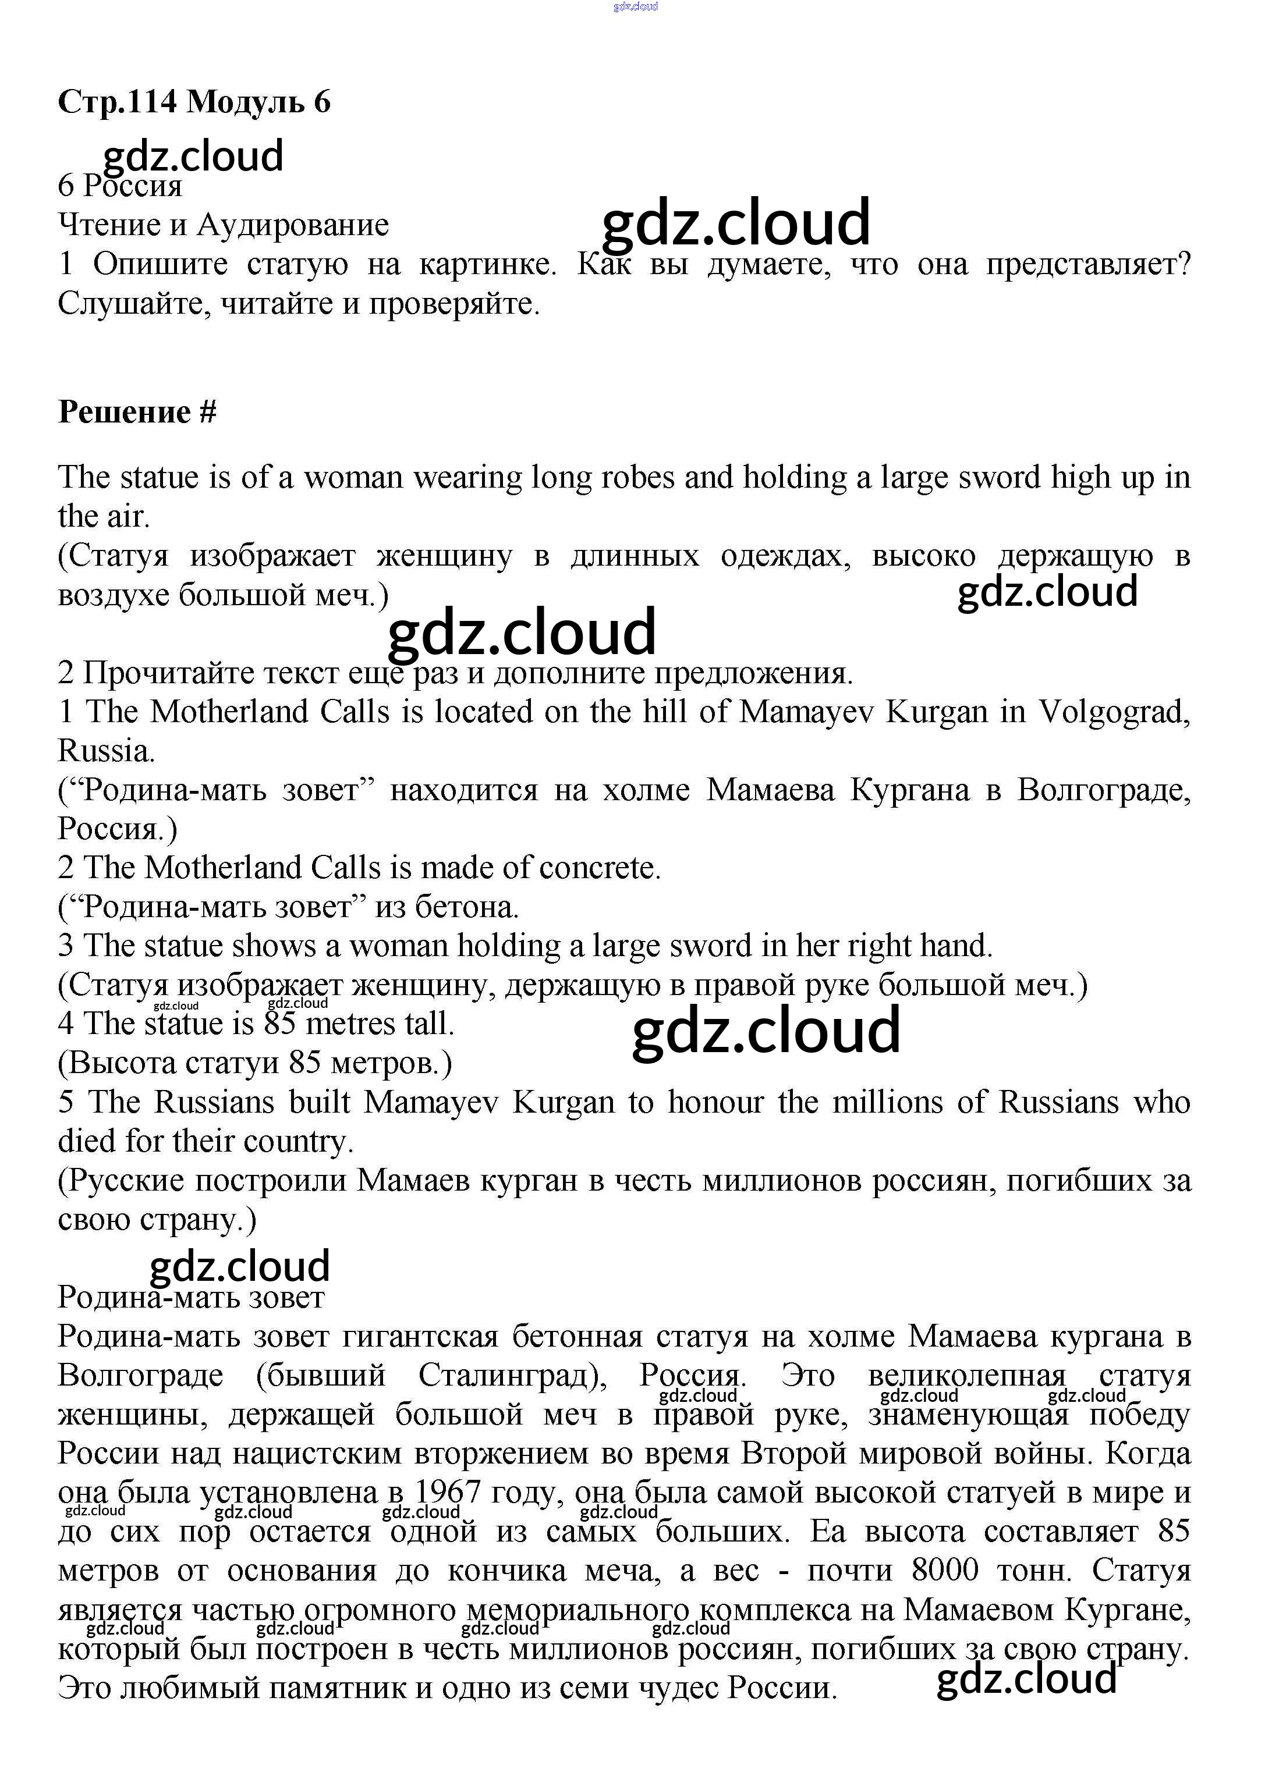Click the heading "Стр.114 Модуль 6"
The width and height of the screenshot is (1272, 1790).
[x=194, y=102]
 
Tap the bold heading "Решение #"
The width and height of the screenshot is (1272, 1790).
[x=137, y=413]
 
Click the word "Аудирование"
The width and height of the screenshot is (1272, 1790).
[x=292, y=226]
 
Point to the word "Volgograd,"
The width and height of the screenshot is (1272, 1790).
[x=1114, y=712]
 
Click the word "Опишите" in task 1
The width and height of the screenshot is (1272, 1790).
[x=161, y=265]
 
